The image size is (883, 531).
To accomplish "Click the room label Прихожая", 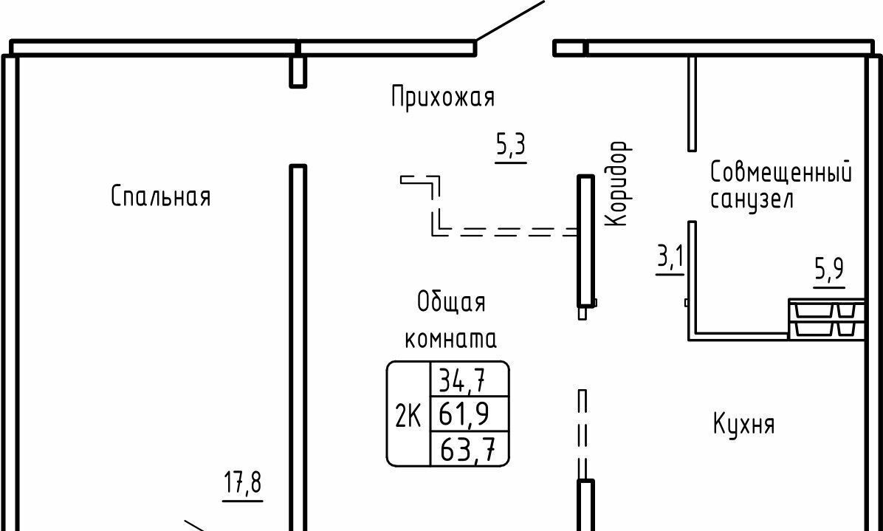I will [443, 97].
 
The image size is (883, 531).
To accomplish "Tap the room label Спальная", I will [161, 196].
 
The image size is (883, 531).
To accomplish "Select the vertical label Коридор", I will [617, 185].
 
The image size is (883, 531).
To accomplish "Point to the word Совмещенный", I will [780, 173].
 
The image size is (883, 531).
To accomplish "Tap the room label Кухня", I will [743, 425].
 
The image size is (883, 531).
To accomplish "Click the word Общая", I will [451, 302].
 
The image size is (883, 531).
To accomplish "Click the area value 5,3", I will [510, 146].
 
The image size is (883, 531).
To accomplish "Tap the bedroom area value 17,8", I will [243, 484].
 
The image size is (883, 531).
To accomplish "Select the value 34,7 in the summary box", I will [462, 381].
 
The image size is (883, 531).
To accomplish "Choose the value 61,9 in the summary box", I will [464, 414].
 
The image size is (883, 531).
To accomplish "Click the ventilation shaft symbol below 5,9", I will [826, 320].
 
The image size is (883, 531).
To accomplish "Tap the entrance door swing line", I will [509, 20].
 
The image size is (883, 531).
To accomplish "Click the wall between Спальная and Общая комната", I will [298, 347].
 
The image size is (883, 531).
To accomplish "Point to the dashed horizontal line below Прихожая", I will [509, 232].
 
